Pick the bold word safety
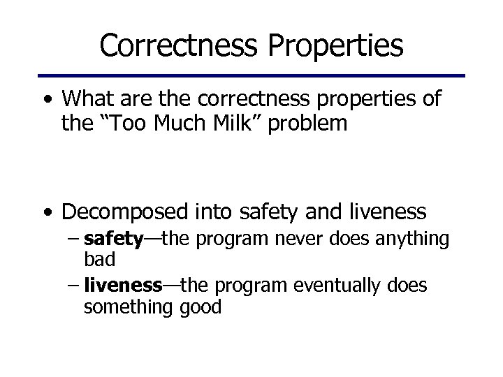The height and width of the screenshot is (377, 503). (112, 240)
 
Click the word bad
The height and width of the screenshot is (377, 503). (99, 258)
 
